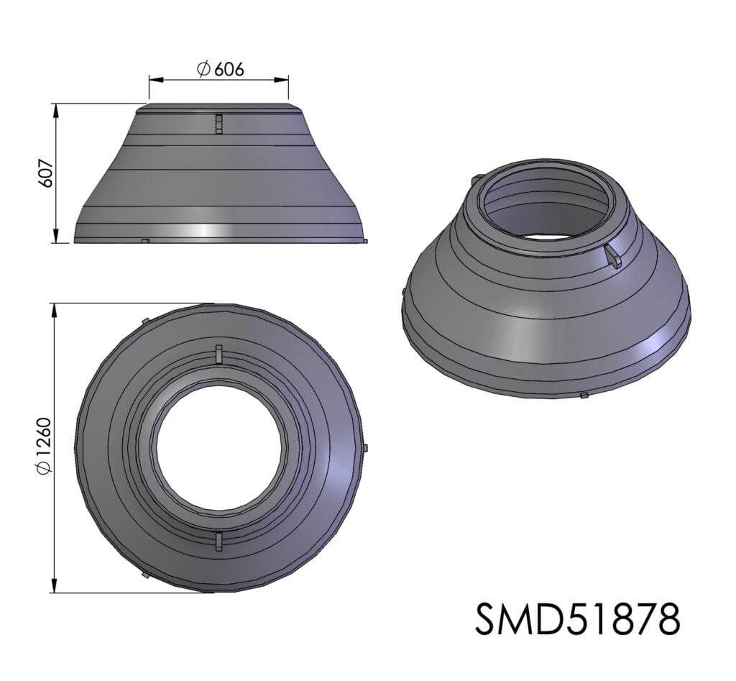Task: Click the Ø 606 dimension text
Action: pyautogui.click(x=221, y=69)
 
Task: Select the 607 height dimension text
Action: pyautogui.click(x=46, y=173)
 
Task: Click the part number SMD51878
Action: pyautogui.click(x=577, y=619)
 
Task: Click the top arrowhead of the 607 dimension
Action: pyautogui.click(x=56, y=110)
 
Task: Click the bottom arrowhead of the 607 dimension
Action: pyautogui.click(x=56, y=237)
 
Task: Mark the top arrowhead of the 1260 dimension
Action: pyautogui.click(x=55, y=310)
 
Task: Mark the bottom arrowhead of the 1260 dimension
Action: pyautogui.click(x=55, y=586)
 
